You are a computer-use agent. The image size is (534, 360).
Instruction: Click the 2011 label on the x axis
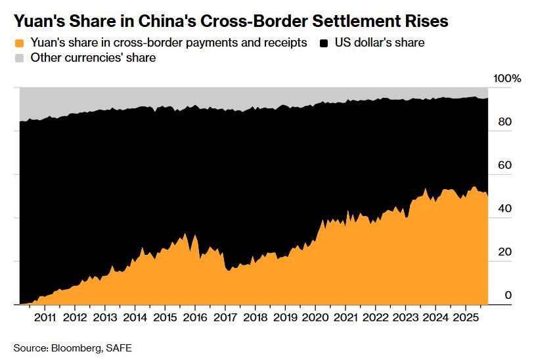44,318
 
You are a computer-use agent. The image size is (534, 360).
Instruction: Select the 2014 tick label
135,318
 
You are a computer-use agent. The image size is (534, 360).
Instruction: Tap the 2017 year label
225,318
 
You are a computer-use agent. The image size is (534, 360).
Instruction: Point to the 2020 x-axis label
315,318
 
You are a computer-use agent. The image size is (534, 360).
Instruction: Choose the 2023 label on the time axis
405,318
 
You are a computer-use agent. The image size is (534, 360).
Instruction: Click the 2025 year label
465,318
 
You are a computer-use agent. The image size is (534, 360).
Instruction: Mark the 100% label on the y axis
507,79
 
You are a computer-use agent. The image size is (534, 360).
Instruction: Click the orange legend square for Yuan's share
20,43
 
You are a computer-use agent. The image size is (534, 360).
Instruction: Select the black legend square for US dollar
324,43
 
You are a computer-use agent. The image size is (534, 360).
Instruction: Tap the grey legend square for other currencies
20,58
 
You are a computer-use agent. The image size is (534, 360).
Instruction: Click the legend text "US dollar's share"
380,43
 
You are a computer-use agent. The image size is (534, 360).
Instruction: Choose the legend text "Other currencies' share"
93,58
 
